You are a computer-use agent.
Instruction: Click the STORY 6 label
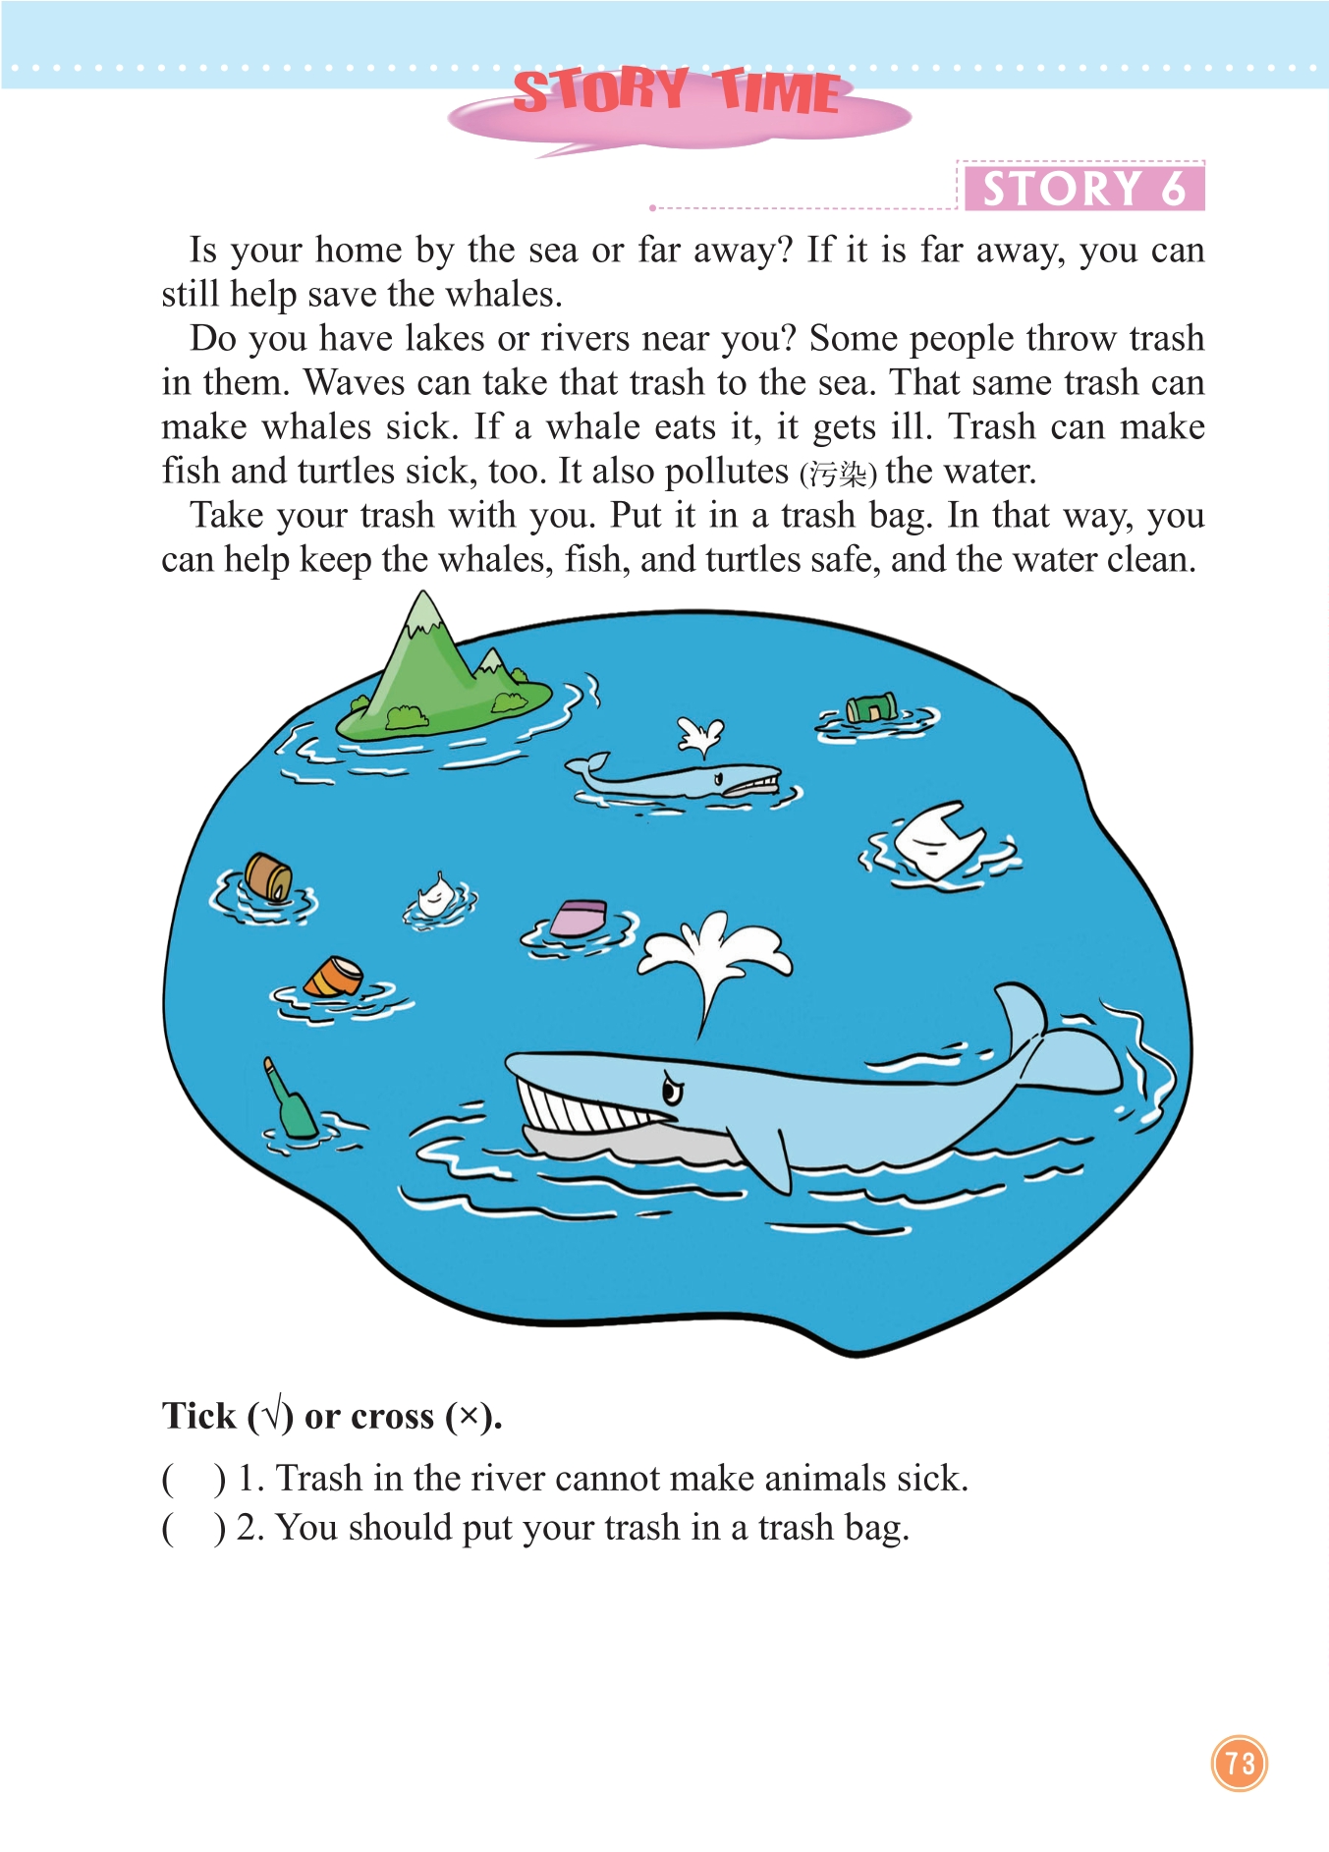(x=1083, y=188)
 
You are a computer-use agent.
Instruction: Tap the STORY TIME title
(x=677, y=91)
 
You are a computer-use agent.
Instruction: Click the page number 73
(x=1240, y=1763)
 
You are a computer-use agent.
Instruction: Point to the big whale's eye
(x=673, y=1090)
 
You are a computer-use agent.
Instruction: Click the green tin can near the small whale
(x=871, y=707)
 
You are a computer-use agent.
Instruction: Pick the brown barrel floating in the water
(x=268, y=876)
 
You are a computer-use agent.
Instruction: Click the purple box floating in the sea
(x=579, y=918)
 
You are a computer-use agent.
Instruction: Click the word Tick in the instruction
(x=199, y=1416)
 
